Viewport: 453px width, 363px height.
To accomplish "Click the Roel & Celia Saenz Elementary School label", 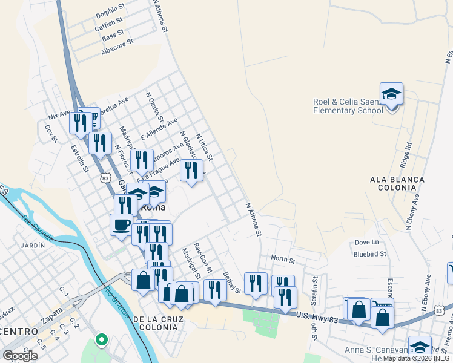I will click(348, 106).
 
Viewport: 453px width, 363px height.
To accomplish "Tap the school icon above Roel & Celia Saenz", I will click(392, 94).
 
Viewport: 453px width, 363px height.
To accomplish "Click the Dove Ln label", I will click(366, 243).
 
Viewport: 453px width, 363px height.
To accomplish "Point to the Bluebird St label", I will click(369, 254).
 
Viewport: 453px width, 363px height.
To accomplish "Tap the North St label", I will click(283, 260).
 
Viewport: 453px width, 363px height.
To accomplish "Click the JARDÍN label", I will click(32, 245).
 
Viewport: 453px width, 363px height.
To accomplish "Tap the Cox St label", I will click(51, 133).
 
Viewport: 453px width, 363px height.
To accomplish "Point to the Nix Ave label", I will click(59, 115).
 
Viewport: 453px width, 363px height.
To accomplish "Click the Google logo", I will click(20, 355).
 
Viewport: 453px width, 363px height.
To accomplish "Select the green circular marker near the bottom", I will click(102, 339).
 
